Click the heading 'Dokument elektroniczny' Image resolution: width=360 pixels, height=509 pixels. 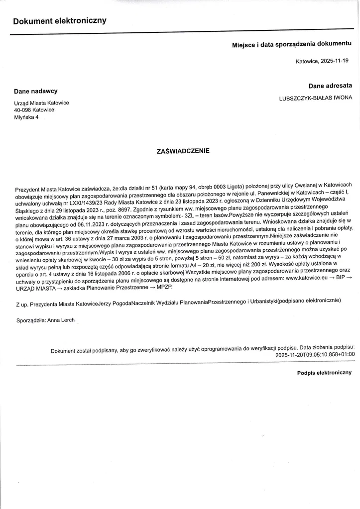click(60, 21)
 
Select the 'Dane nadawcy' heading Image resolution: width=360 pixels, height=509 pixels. click(35, 91)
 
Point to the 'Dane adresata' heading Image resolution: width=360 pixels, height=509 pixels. click(330, 86)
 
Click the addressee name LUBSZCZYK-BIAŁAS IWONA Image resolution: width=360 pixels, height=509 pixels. click(316, 98)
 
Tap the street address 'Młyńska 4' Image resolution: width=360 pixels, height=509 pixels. click(26, 117)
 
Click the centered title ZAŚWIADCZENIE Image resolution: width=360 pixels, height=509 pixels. click(183, 151)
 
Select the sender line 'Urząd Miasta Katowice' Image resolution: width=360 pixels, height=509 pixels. click(42, 103)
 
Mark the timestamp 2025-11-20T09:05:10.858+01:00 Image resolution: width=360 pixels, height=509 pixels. click(315, 355)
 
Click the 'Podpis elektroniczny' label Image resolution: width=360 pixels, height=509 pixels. click(324, 372)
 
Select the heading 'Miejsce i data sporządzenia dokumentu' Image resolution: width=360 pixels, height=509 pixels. click(292, 45)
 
